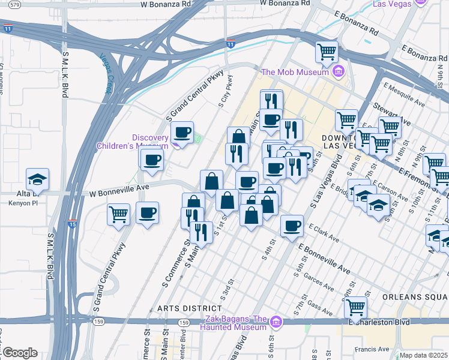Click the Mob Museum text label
pos(295,73)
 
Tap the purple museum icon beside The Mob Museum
pos(339,73)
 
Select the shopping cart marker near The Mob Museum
pos(327,53)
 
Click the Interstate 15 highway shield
pos(72,224)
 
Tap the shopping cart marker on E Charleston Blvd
pos(356,308)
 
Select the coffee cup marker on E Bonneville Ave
pos(292,227)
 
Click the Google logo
pos(19,353)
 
